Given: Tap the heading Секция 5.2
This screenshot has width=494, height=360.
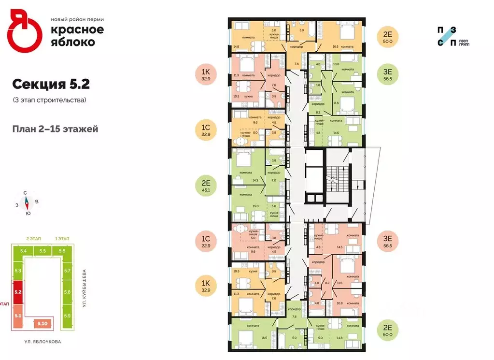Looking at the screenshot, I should click(x=51, y=84).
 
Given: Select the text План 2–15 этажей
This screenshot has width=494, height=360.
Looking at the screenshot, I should click(x=56, y=129).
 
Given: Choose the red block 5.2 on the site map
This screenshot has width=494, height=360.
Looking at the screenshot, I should click(x=18, y=292).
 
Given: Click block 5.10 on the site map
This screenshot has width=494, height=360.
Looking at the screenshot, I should click(x=42, y=323).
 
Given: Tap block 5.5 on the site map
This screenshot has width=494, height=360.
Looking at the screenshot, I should click(x=42, y=251).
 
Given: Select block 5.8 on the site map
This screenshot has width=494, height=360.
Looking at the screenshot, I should click(x=67, y=292).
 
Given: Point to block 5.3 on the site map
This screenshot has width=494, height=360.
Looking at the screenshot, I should click(x=18, y=271).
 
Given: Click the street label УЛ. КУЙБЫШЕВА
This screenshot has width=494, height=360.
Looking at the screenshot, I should click(x=84, y=290).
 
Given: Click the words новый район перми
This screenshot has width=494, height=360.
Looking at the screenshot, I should click(x=77, y=19).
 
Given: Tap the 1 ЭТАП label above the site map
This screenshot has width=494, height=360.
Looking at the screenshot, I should click(x=62, y=239).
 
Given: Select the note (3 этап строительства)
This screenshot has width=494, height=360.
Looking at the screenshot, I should click(x=49, y=100).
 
